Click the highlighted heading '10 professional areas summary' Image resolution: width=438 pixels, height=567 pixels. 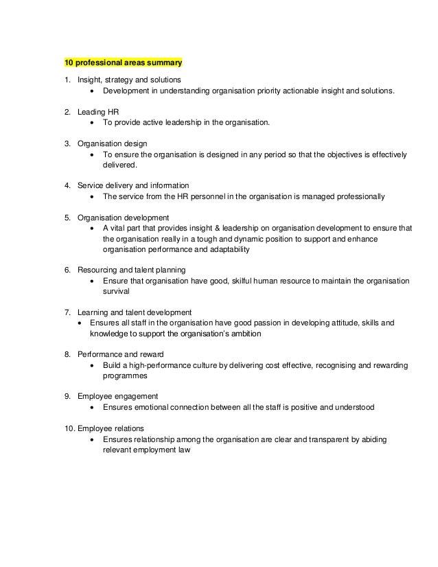124,63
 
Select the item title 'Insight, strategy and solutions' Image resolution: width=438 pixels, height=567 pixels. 126,79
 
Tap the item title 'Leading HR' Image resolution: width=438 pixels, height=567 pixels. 98,111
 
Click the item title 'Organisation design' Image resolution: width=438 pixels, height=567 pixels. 112,143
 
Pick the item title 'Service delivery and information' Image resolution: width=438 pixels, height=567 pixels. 133,186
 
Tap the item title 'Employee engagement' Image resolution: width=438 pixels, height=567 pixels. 117,396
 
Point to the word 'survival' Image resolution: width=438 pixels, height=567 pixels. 117,291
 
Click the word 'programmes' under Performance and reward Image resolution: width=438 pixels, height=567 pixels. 125,375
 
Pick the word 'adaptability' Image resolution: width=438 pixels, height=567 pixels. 228,249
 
